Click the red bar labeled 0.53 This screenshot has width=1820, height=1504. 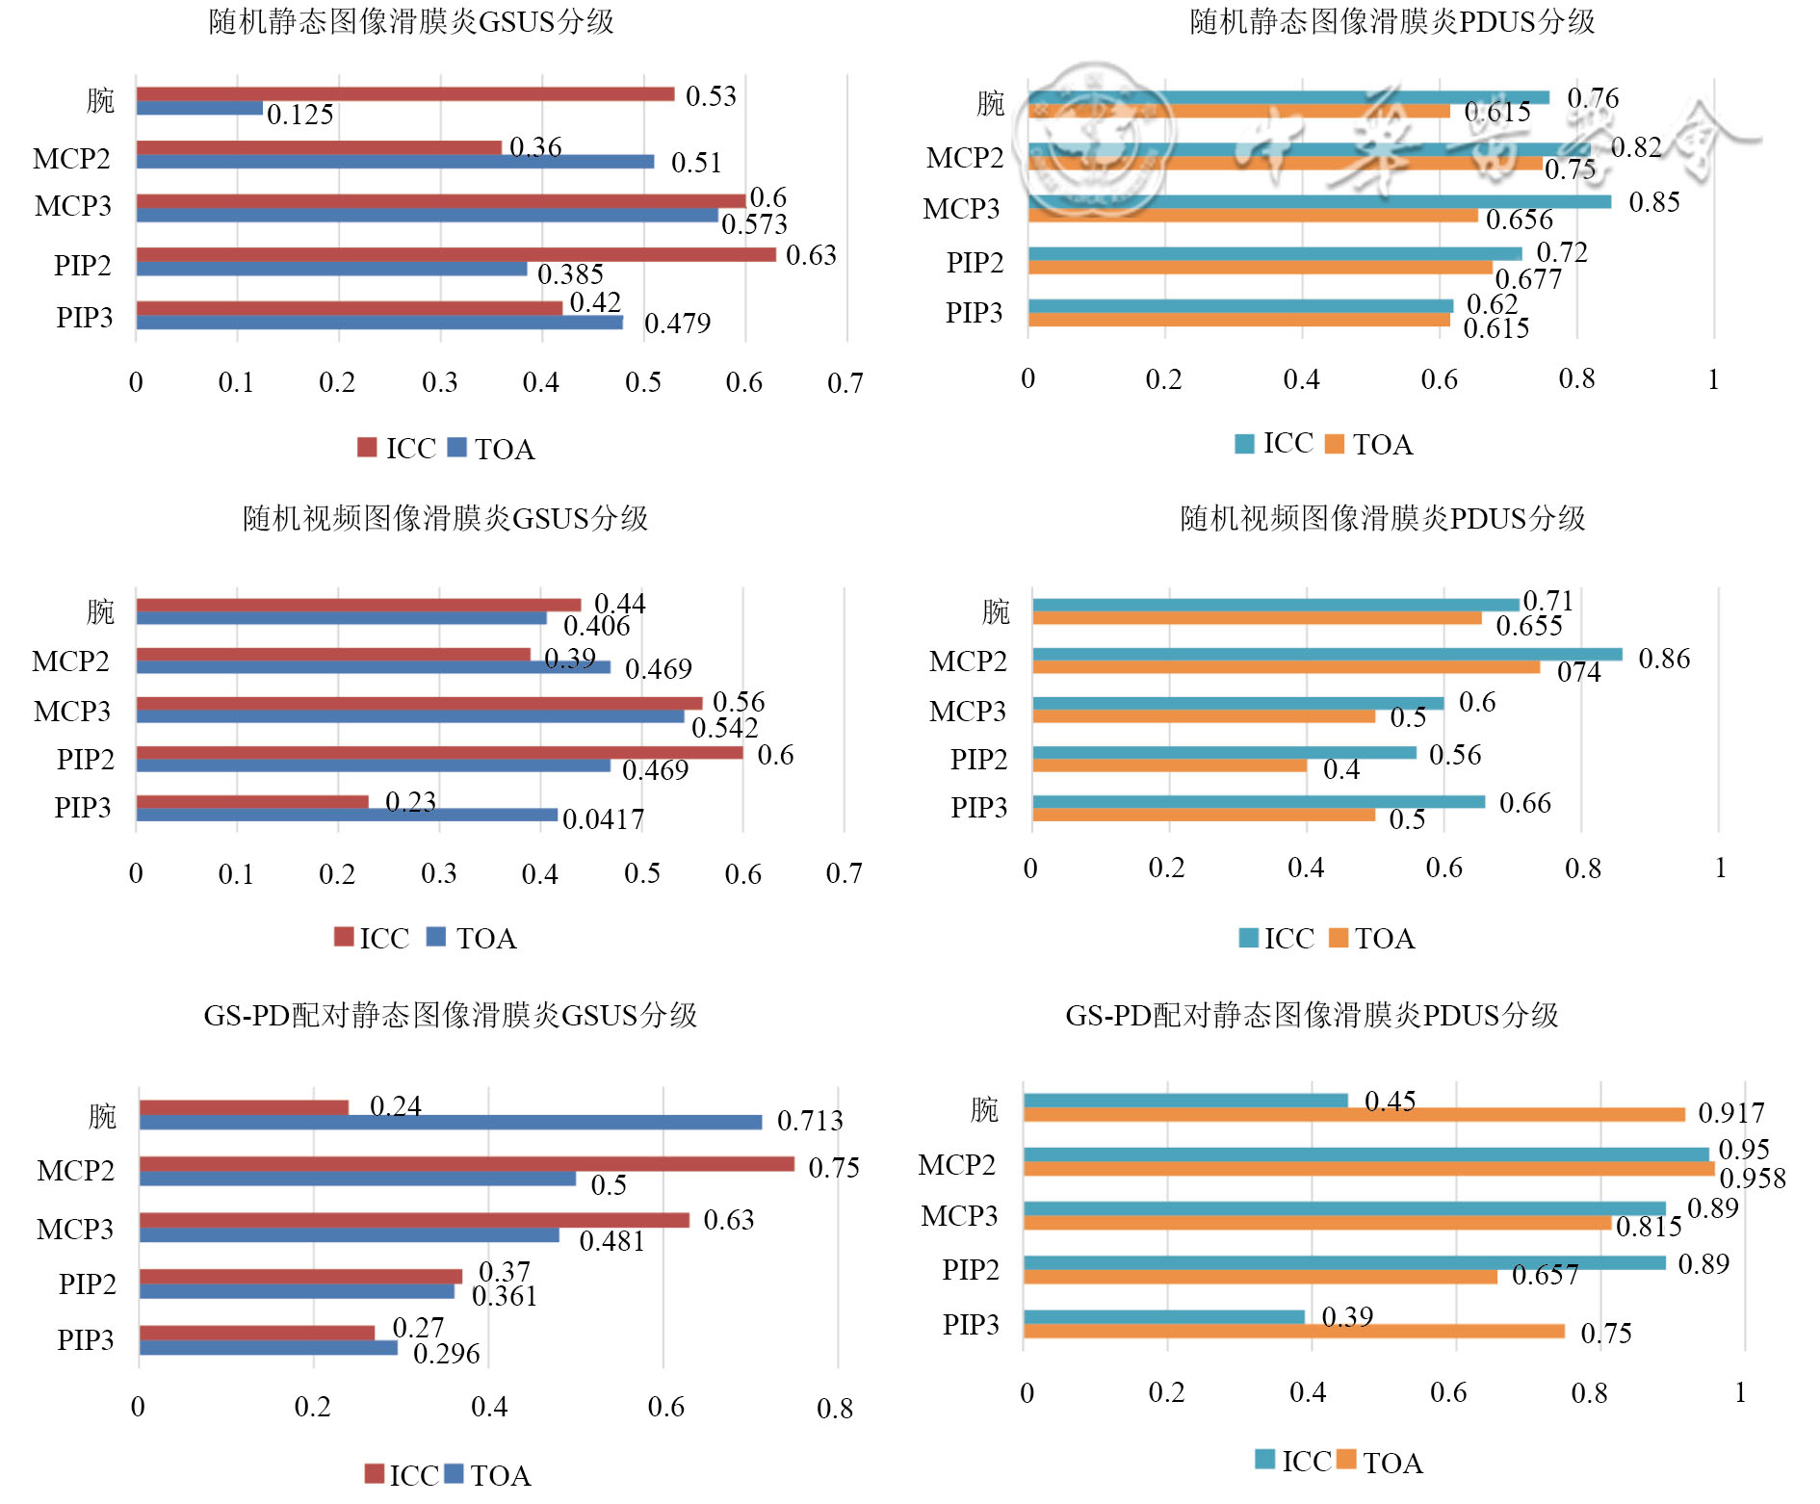[x=404, y=93]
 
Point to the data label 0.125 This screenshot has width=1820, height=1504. [x=300, y=115]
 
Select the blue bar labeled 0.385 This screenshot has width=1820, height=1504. [x=331, y=269]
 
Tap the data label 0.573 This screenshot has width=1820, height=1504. [x=754, y=224]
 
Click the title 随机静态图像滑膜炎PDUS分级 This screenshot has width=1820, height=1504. [x=1391, y=21]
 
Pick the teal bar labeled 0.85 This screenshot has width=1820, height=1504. [x=1319, y=201]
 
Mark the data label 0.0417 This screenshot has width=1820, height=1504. [x=603, y=819]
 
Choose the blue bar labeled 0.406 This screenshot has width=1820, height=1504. [x=341, y=618]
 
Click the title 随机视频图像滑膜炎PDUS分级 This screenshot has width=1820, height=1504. [x=1382, y=518]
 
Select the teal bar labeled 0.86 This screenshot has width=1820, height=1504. [x=1327, y=655]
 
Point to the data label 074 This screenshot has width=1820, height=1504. [x=1579, y=672]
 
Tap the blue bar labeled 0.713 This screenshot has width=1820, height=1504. [x=450, y=1122]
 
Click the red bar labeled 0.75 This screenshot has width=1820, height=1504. [x=466, y=1164]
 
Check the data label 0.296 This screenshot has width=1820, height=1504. [x=446, y=1354]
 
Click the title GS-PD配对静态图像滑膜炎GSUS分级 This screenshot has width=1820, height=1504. [x=450, y=1015]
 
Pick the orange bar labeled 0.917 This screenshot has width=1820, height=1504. [x=1354, y=1114]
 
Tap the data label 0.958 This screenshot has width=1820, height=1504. [x=1753, y=1179]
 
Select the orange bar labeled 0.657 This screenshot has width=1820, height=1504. [x=1260, y=1277]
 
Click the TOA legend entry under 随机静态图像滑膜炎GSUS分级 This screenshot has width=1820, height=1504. [x=492, y=449]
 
